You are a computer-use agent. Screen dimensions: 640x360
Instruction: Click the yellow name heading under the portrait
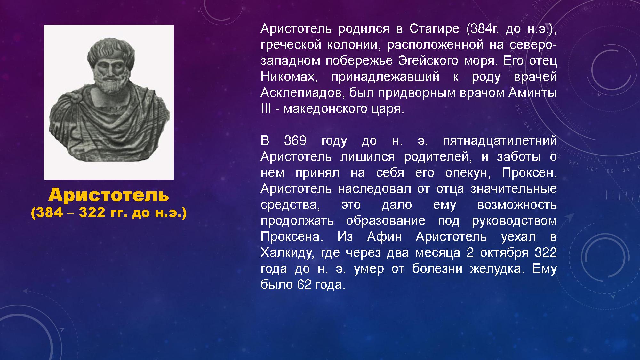pyautogui.click(x=109, y=195)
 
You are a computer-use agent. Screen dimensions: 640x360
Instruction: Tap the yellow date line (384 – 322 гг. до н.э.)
pyautogui.click(x=109, y=213)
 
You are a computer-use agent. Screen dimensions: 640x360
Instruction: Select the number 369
pyautogui.click(x=295, y=141)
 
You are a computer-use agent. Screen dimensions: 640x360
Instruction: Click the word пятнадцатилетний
pyautogui.click(x=500, y=141)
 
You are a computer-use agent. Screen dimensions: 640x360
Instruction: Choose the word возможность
pyautogui.click(x=517, y=205)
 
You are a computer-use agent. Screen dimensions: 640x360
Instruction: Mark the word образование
pyautogui.click(x=386, y=221)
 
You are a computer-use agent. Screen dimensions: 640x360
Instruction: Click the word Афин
pyautogui.click(x=384, y=237)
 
